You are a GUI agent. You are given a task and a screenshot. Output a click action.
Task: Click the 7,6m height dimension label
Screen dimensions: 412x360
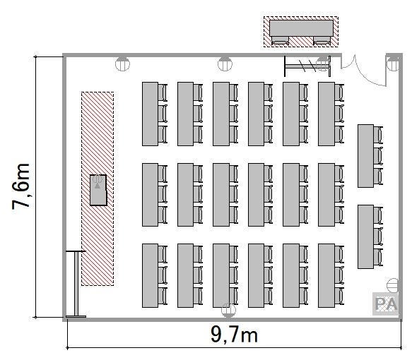click(x=20, y=186)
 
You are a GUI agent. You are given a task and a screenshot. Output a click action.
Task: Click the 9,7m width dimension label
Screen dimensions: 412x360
click(x=234, y=335)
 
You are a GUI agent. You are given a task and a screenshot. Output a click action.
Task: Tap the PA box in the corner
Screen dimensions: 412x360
click(x=385, y=304)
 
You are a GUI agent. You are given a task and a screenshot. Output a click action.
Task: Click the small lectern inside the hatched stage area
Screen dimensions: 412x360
click(x=98, y=190)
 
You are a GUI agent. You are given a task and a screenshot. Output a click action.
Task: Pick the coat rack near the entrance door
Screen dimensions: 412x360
click(x=307, y=66)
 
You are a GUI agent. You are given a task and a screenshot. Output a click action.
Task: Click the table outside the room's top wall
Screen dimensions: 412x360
click(x=301, y=28)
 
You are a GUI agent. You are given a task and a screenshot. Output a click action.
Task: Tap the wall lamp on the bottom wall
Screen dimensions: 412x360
click(x=228, y=310)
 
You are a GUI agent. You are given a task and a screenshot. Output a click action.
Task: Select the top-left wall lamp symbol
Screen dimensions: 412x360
click(x=122, y=64)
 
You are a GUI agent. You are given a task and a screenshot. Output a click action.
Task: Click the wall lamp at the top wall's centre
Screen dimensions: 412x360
click(x=225, y=64)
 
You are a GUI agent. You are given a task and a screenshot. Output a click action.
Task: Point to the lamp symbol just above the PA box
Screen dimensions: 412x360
click(x=392, y=285)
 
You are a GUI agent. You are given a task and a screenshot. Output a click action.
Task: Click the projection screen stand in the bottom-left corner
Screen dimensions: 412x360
click(x=76, y=284)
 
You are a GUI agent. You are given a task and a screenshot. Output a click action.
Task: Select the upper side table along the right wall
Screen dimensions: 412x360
click(x=365, y=156)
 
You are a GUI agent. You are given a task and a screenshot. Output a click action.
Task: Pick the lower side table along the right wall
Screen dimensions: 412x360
click(x=365, y=236)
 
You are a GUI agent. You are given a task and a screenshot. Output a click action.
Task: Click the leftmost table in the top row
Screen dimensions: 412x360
click(x=150, y=114)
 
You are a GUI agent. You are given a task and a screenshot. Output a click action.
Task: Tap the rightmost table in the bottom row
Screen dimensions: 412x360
click(x=326, y=275)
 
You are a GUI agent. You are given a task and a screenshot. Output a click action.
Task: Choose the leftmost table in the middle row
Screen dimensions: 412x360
click(x=150, y=195)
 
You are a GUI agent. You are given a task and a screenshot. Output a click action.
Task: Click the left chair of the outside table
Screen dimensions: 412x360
click(x=280, y=40)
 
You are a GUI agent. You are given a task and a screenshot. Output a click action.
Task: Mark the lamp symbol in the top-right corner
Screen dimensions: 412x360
click(x=394, y=64)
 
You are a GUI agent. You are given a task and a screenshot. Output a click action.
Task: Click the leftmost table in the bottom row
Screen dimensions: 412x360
click(x=150, y=275)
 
